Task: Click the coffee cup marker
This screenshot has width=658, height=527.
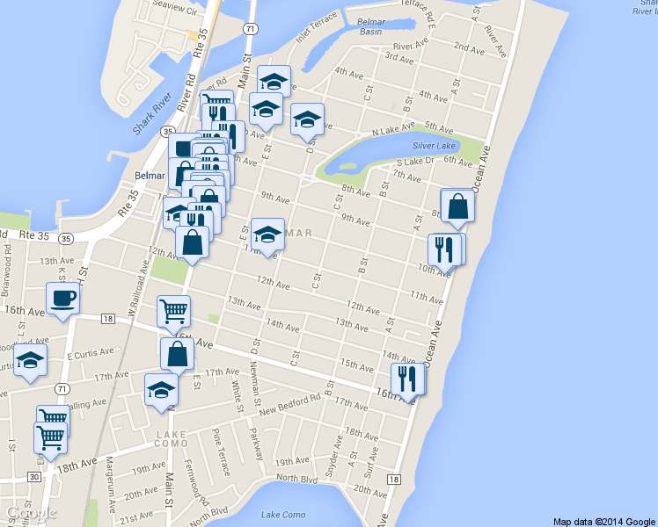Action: pos(63,300)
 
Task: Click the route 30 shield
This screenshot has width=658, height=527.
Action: pos(33,476)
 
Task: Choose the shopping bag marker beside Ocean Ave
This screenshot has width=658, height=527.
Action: pos(457,206)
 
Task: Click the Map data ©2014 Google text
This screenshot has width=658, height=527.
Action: pos(604,521)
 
